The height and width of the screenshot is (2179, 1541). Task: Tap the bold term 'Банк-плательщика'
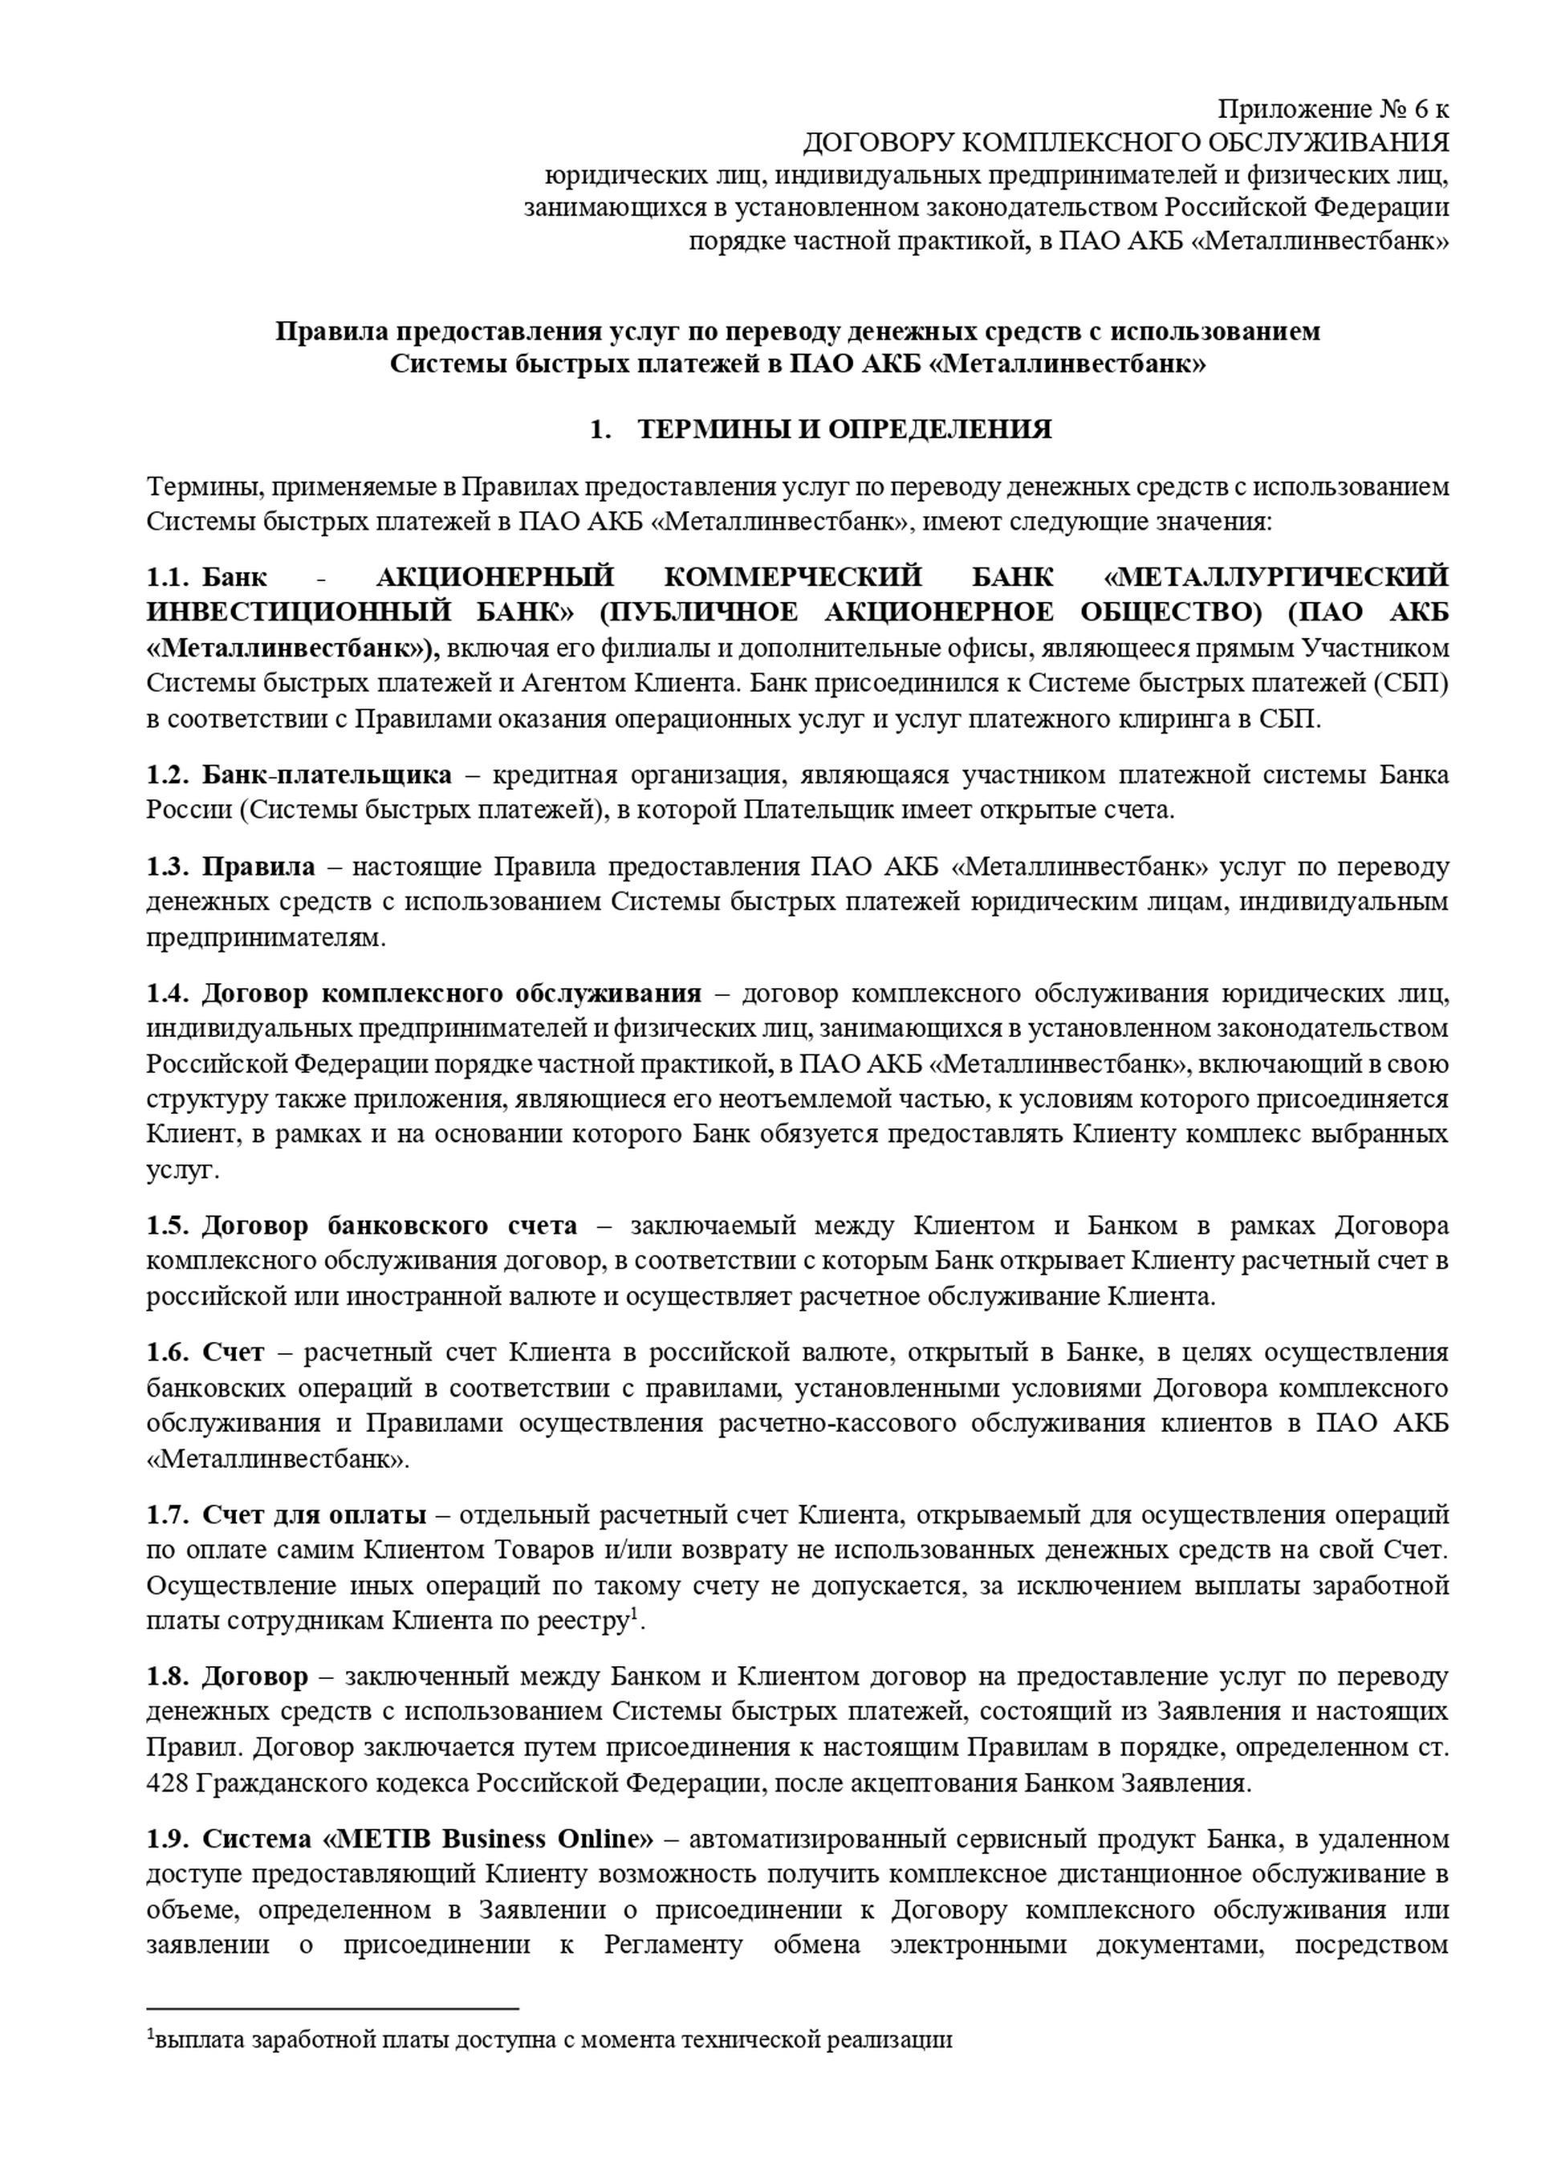click(x=327, y=775)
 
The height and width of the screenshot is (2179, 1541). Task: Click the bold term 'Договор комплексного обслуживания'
click(x=452, y=994)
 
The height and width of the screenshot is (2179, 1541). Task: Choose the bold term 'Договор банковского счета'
click(x=389, y=1226)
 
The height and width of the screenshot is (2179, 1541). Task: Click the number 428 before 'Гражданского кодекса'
click(x=167, y=1783)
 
